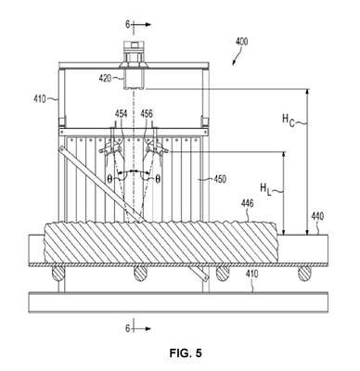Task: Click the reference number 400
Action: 241,42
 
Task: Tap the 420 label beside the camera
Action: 105,79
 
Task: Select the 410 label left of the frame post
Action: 40,99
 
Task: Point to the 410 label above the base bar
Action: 251,274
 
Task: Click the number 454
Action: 121,114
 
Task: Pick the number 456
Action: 147,114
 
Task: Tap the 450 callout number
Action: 220,179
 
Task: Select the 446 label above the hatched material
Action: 248,203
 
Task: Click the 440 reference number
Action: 317,216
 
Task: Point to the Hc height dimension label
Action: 289,121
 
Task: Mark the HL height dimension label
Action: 265,189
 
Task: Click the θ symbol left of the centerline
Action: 109,179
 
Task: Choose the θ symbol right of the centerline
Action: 158,179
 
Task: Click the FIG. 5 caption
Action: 186,353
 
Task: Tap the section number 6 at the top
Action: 128,24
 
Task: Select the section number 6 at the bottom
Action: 128,328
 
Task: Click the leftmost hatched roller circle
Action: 58,274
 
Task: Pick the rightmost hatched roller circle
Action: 304,274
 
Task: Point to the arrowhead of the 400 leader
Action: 234,63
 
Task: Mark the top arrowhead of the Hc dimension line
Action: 307,91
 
